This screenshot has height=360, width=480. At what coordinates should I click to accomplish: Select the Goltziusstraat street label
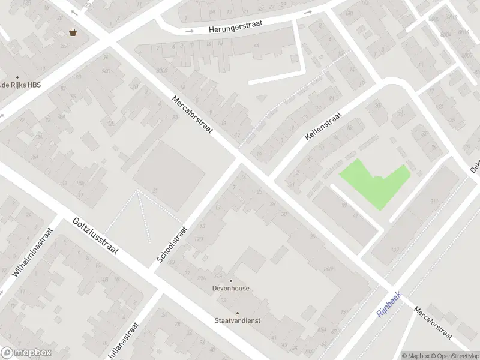pos(97,235)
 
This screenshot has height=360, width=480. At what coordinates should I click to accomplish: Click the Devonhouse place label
pos(231,289)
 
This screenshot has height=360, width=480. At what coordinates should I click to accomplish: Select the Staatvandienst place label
pos(237,320)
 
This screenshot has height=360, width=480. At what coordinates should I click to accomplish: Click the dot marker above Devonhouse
pos(231,280)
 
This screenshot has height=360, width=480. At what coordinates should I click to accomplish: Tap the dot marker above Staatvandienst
pos(237,313)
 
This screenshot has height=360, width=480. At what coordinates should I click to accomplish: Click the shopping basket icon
pos(73,32)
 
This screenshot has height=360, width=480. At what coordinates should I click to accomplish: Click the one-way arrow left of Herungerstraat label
pos(190,31)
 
